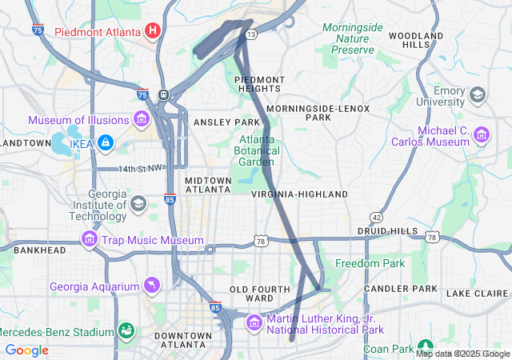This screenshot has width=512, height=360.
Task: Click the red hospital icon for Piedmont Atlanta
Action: tap(153, 31)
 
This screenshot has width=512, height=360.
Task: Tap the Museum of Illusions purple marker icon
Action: tap(142, 120)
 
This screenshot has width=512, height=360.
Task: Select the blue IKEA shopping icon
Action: tap(105, 143)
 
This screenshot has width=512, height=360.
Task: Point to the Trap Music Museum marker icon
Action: tap(89, 239)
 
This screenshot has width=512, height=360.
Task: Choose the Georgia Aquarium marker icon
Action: tap(151, 286)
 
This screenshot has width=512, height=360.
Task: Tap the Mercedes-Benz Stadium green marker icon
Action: tap(126, 331)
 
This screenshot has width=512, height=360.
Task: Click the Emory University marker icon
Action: tap(478, 95)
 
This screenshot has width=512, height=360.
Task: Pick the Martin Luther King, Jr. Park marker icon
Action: tap(254, 322)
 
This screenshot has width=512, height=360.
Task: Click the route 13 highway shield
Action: tap(251, 35)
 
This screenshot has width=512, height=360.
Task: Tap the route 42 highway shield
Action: tap(375, 218)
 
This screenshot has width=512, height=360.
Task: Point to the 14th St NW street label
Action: tap(141, 169)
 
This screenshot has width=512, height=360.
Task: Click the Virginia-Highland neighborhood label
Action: tap(299, 194)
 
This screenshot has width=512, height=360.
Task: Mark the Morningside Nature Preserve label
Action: tap(352, 38)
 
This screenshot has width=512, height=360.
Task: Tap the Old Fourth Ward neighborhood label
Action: tap(251, 293)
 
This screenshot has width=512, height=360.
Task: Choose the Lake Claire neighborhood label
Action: tap(475, 294)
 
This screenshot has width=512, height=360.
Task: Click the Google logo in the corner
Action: tap(27, 350)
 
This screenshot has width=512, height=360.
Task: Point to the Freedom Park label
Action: tap(370, 263)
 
